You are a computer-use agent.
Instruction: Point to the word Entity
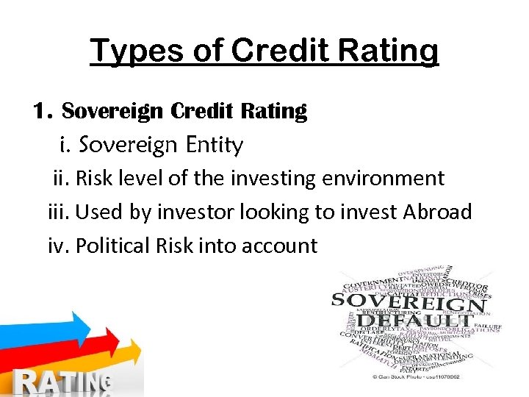215,146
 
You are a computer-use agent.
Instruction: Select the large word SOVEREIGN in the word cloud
408,302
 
